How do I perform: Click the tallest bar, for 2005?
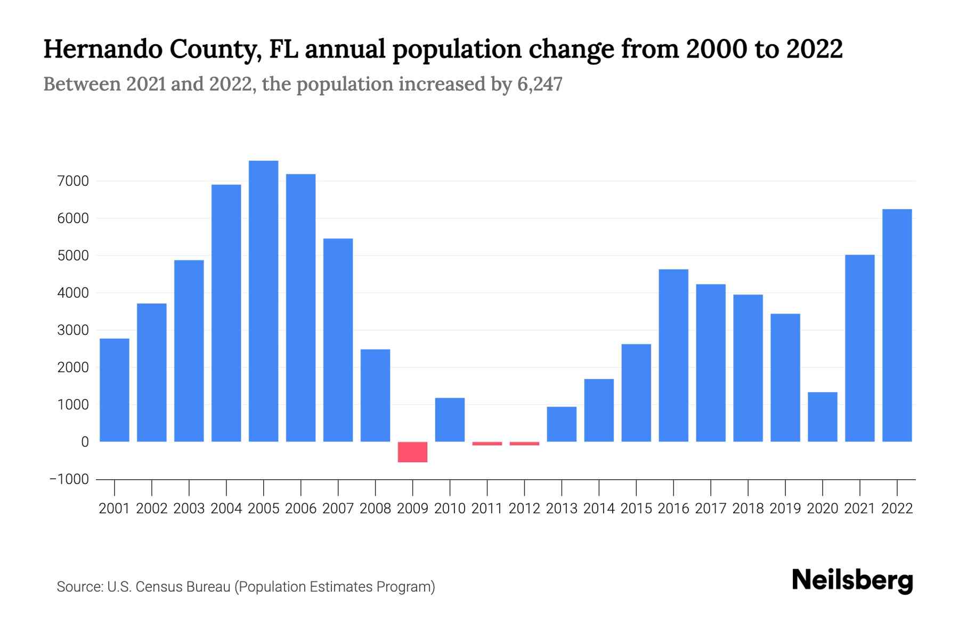tap(263, 301)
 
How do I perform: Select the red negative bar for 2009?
tap(412, 452)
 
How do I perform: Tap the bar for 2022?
tap(897, 325)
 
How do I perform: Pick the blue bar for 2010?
tap(450, 420)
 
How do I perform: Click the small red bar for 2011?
tap(487, 443)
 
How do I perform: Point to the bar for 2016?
tap(673, 355)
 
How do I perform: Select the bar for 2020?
tap(822, 416)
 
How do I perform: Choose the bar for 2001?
tap(115, 390)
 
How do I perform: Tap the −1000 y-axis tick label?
tap(69, 479)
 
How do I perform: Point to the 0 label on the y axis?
tap(85, 442)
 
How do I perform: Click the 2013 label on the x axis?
tap(562, 509)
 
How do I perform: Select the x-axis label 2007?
tap(338, 509)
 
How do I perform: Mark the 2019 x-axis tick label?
tap(785, 509)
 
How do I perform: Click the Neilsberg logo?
tap(852, 580)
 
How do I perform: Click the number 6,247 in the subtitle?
tap(539, 84)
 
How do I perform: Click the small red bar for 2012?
tap(524, 443)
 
